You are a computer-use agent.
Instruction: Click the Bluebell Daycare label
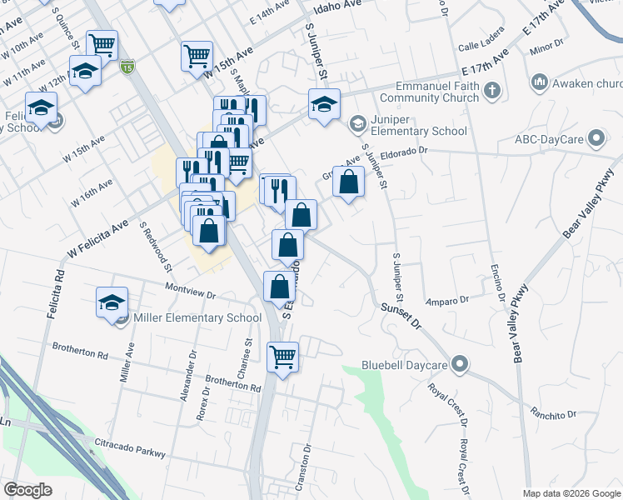404,365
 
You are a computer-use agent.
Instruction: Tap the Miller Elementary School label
191,317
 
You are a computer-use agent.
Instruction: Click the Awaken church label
587,82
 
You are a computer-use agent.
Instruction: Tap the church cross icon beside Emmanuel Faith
492,89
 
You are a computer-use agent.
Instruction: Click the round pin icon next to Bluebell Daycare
460,365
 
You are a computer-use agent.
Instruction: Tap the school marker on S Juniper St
324,104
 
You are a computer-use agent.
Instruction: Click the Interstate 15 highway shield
127,66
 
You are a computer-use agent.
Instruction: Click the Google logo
27,490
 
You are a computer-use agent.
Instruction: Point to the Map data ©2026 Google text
571,493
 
